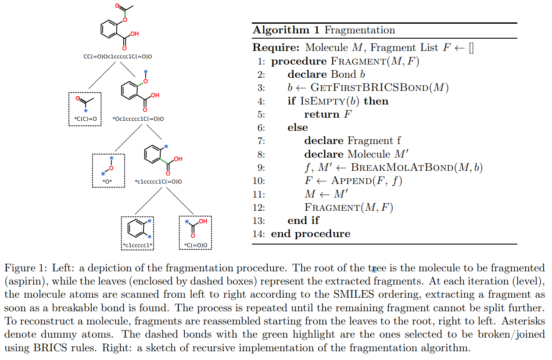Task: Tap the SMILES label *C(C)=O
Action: point(85,119)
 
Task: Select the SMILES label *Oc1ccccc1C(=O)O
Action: point(139,119)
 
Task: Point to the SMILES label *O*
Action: point(108,181)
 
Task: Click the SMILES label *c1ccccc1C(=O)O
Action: point(158,181)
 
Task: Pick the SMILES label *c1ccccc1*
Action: point(137,245)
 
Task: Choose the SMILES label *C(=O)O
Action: point(195,245)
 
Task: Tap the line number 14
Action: point(259,234)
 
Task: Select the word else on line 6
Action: point(298,128)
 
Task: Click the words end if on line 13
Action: point(303,220)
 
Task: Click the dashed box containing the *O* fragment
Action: point(108,170)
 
